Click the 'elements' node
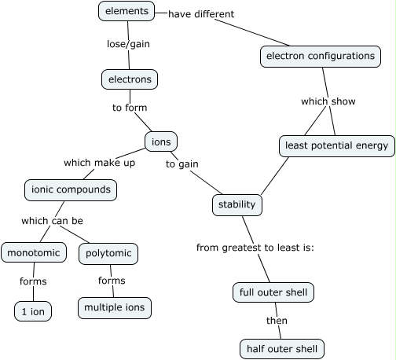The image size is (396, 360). click(126, 11)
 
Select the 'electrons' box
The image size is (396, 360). click(130, 79)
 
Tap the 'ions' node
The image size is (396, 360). click(161, 141)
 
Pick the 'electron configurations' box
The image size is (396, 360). click(320, 57)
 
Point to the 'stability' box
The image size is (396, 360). click(236, 205)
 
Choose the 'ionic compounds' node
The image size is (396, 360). click(71, 189)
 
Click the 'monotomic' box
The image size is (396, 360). click(34, 253)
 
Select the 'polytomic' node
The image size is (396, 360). click(108, 253)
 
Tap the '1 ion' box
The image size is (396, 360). click(33, 311)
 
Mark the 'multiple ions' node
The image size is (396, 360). click(114, 307)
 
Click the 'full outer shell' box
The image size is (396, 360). click(274, 293)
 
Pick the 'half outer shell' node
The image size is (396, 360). click(281, 349)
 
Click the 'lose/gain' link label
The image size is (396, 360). click(128, 44)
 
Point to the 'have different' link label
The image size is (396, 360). click(201, 14)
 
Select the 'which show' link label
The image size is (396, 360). click(328, 101)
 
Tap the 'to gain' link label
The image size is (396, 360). click(181, 163)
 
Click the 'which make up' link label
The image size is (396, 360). click(99, 163)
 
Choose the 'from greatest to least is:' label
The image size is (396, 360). click(255, 248)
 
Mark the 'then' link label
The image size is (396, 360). click(277, 321)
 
